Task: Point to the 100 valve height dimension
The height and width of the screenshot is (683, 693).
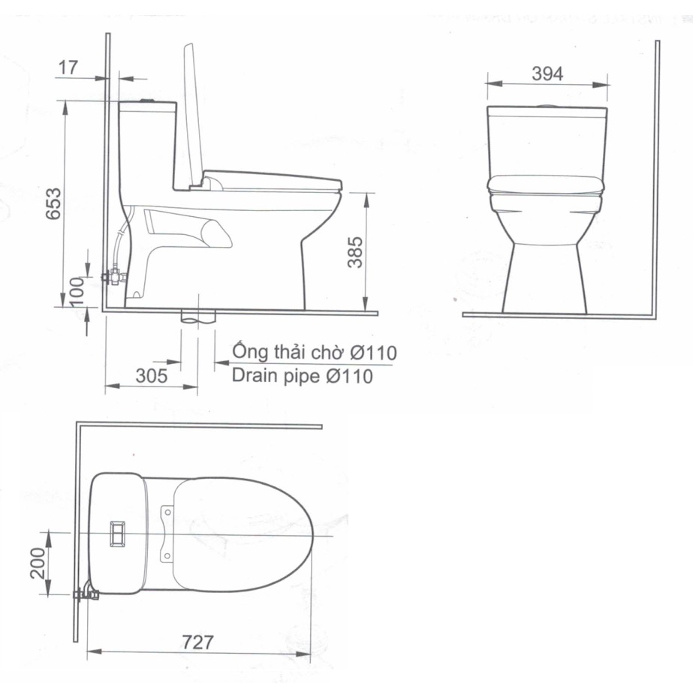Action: (76, 289)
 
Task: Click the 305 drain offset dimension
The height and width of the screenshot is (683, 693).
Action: (152, 376)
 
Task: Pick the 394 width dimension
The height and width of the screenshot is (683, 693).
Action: (547, 73)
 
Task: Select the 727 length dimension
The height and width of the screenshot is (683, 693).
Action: (198, 642)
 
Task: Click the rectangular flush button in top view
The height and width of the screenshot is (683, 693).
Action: (118, 531)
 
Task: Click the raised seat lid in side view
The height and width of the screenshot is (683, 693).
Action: (193, 113)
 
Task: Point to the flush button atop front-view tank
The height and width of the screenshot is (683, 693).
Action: (547, 104)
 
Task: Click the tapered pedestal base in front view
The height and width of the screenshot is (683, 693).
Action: (545, 278)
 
